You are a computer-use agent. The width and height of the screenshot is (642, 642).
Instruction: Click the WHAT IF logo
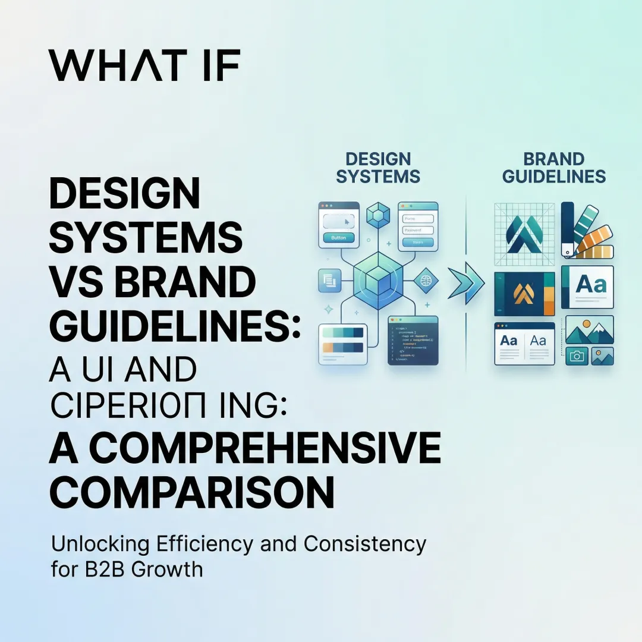coord(144,65)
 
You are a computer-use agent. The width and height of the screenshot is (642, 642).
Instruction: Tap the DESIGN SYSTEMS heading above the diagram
coord(378,168)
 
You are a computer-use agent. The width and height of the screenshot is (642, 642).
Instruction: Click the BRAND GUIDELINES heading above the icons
coord(553,168)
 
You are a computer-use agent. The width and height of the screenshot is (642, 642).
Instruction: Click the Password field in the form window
coord(417,230)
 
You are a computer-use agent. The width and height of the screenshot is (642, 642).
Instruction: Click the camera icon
coord(575,355)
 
